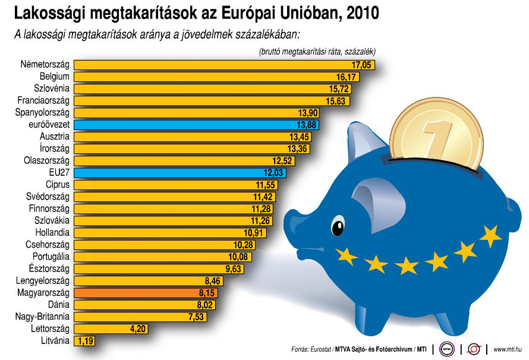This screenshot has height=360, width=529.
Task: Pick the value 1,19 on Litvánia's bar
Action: click(x=85, y=341)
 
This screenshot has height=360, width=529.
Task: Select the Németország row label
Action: click(x=45, y=65)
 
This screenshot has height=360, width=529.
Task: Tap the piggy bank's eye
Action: click(x=338, y=226)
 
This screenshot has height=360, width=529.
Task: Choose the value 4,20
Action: click(x=135, y=329)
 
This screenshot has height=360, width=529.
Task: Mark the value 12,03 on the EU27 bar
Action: click(x=274, y=173)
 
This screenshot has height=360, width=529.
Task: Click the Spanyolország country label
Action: click(x=43, y=113)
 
